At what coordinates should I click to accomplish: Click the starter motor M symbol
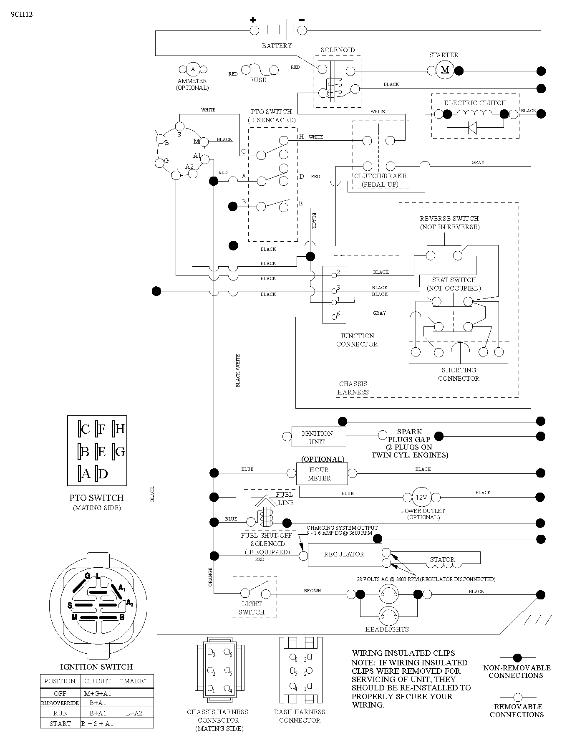(445, 70)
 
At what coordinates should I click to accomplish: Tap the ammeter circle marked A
(193, 69)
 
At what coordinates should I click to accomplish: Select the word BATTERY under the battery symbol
(277, 45)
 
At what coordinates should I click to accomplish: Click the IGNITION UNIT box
(318, 437)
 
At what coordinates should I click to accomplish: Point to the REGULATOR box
(345, 555)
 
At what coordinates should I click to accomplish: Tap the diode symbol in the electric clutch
(472, 127)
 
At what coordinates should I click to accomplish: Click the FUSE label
(258, 80)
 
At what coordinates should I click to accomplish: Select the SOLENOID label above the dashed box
(338, 50)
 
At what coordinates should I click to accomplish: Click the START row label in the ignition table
(60, 724)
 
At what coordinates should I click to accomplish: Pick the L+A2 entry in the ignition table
(134, 713)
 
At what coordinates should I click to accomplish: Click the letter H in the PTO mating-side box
(120, 429)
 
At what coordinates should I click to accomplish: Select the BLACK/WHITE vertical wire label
(238, 371)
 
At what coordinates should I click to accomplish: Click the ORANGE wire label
(210, 577)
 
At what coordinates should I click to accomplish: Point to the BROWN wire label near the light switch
(312, 591)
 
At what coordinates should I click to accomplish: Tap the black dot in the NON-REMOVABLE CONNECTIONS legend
(518, 657)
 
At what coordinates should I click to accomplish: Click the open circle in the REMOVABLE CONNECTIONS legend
(518, 697)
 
